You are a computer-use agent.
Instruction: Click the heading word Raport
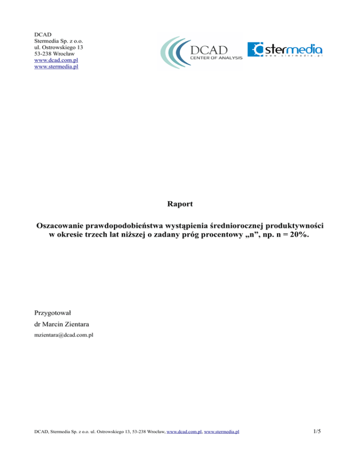tap(180, 205)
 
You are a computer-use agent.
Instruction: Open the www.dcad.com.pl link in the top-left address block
tap(54, 60)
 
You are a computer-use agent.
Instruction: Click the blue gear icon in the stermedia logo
tap(255, 50)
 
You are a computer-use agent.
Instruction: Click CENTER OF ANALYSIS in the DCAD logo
tap(216, 58)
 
